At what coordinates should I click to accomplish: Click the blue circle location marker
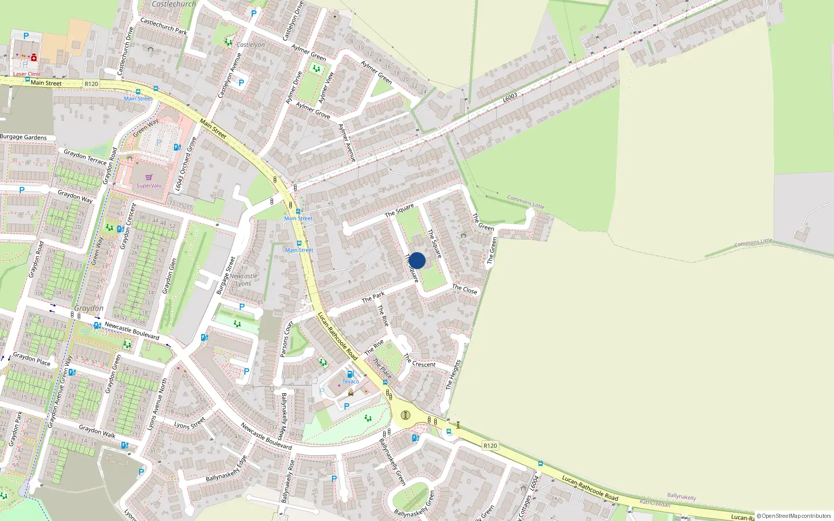coord(417,260)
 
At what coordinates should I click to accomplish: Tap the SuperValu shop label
coord(149,185)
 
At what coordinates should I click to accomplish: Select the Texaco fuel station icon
coord(350,374)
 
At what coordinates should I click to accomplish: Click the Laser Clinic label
coord(27,74)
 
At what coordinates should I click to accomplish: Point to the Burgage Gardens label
coord(23,138)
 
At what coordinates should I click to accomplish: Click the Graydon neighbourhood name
coord(89,308)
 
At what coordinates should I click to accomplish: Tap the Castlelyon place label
coord(251,45)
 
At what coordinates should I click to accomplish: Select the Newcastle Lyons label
coord(243,280)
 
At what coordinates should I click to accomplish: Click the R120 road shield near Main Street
coord(91,84)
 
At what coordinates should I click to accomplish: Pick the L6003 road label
coord(510,97)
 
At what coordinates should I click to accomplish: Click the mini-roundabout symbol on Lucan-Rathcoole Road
coord(406,415)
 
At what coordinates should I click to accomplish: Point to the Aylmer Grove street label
coord(313,110)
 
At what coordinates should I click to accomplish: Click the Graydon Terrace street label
coord(85,156)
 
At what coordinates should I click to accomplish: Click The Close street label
coord(464,290)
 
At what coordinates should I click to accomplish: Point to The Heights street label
coord(453,375)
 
